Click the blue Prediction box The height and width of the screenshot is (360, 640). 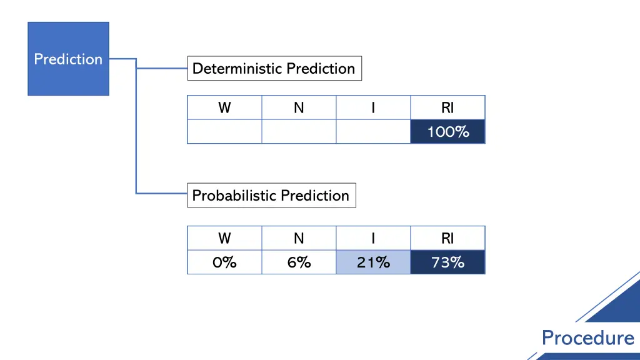[68, 59]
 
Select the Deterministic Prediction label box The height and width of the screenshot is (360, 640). [274, 68]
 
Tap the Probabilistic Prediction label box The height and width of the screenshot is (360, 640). [271, 195]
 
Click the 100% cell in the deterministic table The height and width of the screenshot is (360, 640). [447, 132]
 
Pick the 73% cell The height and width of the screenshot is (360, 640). [447, 262]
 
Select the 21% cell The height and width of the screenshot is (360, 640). [373, 262]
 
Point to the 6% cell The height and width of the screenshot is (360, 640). [299, 262]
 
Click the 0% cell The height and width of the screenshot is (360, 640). [224, 262]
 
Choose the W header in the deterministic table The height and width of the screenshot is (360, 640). [224, 107]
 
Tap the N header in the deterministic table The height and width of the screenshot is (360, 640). [299, 107]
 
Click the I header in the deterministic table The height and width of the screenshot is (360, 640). [373, 107]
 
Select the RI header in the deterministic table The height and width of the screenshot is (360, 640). [447, 107]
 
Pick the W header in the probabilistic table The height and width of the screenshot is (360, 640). [224, 238]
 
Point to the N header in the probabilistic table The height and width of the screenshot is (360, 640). [299, 238]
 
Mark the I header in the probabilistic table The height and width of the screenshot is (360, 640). [373, 238]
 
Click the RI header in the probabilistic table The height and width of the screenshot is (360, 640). [447, 238]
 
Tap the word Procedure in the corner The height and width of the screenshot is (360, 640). [587, 337]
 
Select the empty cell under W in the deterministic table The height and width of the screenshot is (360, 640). [224, 132]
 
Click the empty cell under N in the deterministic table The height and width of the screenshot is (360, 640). [299, 132]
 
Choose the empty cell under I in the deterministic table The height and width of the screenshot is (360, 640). [373, 132]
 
